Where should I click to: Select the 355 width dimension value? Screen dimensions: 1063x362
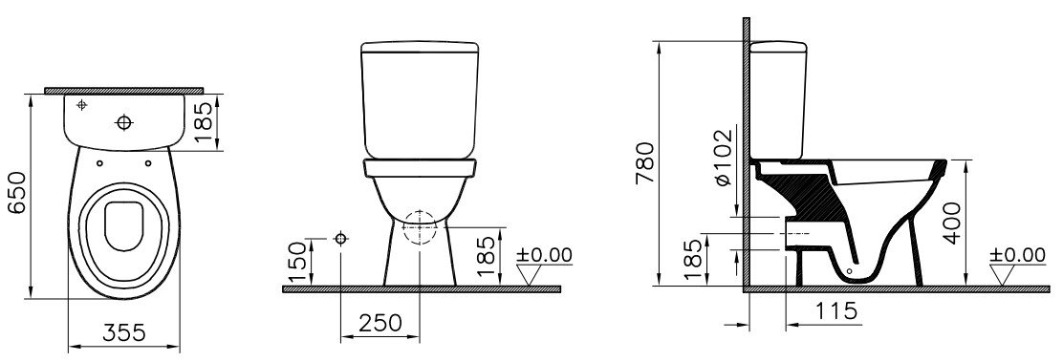point(124,332)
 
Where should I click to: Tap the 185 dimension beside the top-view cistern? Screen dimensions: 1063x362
point(204,122)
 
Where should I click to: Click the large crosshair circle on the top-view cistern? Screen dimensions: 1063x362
point(124,122)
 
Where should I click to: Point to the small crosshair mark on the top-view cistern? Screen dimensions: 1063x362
point(82,104)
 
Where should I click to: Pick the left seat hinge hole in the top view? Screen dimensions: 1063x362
point(99,162)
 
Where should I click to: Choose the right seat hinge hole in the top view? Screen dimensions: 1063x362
point(148,162)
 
